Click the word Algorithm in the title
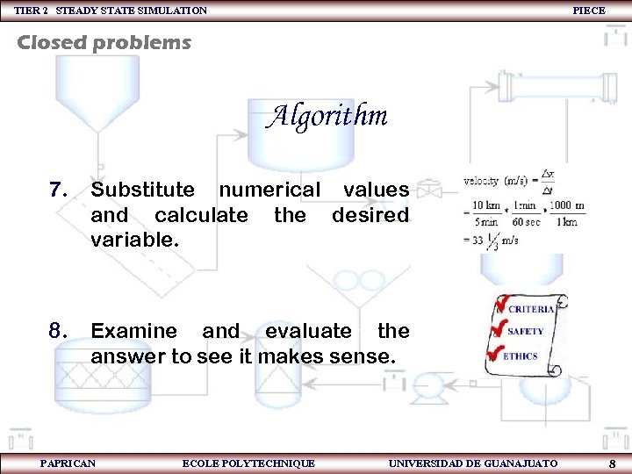327,116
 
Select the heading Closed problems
104,42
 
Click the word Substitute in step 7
143,190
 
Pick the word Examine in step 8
133,331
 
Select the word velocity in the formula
481,181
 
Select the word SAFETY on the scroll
526,332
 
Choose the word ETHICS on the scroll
521,356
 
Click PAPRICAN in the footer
68,463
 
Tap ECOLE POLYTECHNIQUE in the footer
248,463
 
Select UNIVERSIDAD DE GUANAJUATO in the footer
472,463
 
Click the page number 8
612,463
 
